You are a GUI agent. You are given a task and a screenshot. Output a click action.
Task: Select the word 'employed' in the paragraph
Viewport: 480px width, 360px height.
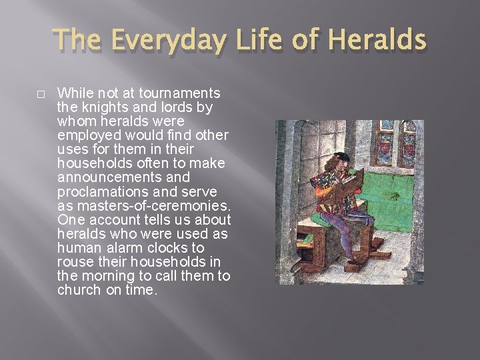pos(89,135)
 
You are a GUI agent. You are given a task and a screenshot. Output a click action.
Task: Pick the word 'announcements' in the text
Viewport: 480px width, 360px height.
pos(105,178)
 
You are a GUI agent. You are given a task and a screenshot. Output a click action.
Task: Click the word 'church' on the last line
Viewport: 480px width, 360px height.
pos(80,291)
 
